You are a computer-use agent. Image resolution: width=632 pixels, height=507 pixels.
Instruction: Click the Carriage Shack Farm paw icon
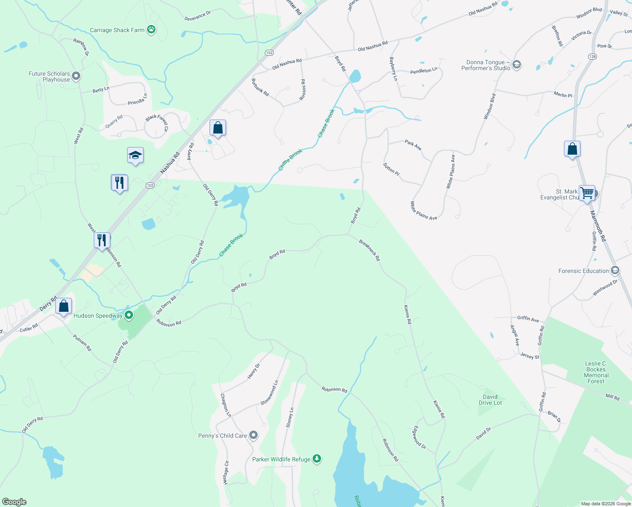151,30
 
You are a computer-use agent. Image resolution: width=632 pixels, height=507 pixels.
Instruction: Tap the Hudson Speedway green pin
129,315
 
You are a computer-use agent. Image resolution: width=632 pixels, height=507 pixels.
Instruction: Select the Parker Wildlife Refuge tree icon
317,459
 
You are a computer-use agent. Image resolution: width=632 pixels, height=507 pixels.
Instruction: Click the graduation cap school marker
135,155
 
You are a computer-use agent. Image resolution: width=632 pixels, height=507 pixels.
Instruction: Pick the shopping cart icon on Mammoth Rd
587,193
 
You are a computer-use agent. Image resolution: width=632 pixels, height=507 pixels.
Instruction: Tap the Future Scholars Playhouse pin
76,76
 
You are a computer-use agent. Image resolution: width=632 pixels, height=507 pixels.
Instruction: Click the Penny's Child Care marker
253,435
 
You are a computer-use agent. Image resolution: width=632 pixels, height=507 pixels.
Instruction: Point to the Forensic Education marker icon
615,270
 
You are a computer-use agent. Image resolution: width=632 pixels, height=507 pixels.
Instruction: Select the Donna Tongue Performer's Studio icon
516,65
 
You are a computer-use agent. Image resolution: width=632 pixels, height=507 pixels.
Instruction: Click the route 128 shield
592,57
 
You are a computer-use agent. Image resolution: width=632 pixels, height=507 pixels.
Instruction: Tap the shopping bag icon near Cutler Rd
63,306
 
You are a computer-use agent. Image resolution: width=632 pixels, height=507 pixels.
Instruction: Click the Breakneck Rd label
369,250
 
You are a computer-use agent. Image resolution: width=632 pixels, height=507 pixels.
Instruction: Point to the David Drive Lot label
490,400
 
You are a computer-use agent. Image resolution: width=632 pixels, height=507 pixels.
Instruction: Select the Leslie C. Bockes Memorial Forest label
596,372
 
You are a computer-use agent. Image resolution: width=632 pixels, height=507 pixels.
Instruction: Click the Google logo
14,502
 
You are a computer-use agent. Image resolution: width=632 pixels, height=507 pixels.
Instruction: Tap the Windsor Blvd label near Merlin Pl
489,106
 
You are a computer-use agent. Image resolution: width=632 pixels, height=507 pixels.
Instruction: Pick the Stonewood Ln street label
269,393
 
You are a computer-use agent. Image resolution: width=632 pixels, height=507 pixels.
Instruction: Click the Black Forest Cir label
157,122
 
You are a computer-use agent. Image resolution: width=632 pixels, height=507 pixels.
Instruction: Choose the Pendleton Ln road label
424,71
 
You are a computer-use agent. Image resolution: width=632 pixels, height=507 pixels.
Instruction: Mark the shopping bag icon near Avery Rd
218,128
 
